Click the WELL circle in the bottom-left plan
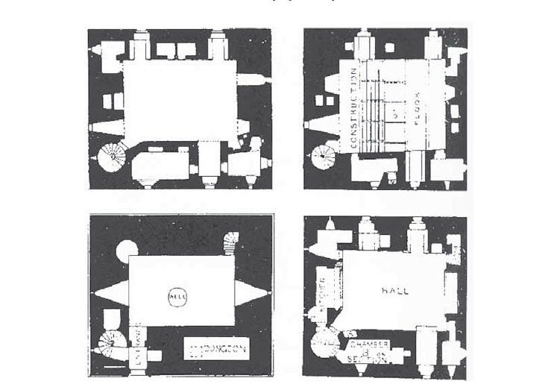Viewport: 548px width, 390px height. point(179,296)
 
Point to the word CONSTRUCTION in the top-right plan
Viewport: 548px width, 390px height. point(354,108)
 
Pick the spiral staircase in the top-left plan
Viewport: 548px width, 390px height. point(113,157)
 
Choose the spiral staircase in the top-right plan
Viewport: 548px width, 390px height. point(324,157)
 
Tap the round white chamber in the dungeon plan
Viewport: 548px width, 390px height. point(126,251)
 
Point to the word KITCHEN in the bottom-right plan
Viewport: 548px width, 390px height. point(323,290)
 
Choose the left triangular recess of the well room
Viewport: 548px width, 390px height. point(110,292)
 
